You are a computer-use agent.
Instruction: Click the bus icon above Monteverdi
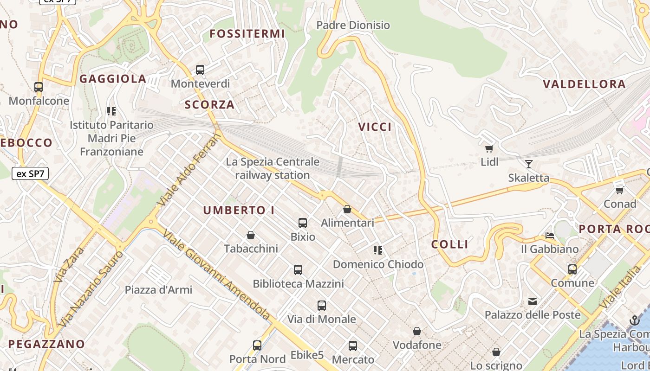point(200,70)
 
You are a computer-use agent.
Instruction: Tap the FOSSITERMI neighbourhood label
point(247,34)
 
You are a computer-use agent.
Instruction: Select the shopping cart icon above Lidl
point(489,148)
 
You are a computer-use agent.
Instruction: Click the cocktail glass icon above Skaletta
point(528,164)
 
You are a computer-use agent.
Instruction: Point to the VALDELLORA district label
point(584,84)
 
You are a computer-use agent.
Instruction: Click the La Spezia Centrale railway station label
point(273,168)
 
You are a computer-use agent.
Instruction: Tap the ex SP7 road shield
point(30,174)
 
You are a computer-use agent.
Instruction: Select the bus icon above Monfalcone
point(39,87)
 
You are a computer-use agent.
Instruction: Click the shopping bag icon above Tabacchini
point(251,235)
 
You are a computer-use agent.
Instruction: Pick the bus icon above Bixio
point(303,223)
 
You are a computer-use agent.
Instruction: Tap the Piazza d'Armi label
point(158,290)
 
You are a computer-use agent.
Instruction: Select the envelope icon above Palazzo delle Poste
point(532,301)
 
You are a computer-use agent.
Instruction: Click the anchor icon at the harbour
point(634,320)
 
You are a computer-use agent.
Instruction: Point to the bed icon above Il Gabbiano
point(550,236)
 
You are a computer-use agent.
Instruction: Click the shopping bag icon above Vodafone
point(417,331)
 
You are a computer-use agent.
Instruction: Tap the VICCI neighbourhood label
point(375,127)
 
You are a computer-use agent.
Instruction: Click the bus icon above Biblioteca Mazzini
point(298,270)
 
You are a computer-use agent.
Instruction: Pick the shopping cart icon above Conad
point(619,190)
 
